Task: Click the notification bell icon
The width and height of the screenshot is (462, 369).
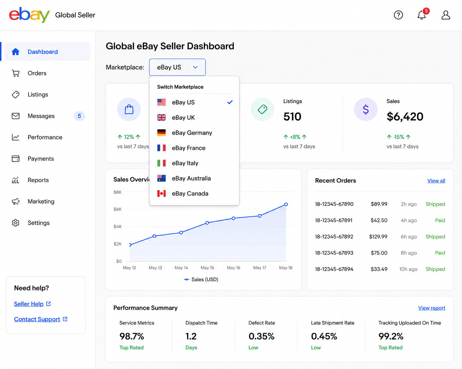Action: tap(421, 15)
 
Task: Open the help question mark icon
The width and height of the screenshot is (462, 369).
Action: tap(398, 15)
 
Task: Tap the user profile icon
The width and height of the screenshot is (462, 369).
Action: tap(446, 15)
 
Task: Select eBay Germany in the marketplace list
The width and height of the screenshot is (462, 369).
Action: tap(192, 133)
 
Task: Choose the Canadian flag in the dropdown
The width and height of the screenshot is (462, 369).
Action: tap(161, 193)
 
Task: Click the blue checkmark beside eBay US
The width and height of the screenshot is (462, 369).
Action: tap(230, 102)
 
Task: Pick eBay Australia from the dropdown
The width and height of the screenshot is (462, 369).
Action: tap(191, 179)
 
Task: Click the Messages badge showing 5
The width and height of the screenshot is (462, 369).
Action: tap(79, 116)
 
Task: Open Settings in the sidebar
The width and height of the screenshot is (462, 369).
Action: tap(39, 223)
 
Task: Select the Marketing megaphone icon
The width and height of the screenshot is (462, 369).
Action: tap(15, 201)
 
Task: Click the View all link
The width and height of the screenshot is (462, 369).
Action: tap(436, 181)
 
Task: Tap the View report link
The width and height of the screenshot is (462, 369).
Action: tap(431, 308)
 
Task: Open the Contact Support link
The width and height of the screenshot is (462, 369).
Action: tap(37, 319)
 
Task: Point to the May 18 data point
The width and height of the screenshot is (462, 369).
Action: tap(286, 205)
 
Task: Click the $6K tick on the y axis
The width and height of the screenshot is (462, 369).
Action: tap(117, 209)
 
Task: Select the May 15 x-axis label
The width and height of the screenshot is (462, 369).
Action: tap(207, 268)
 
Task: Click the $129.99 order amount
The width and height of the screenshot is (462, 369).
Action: tap(378, 236)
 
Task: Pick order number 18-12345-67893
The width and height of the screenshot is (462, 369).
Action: tap(334, 253)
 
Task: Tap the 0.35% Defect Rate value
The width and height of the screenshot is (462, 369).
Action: tap(262, 336)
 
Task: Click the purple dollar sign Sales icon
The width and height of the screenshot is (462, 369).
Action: tap(366, 109)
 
